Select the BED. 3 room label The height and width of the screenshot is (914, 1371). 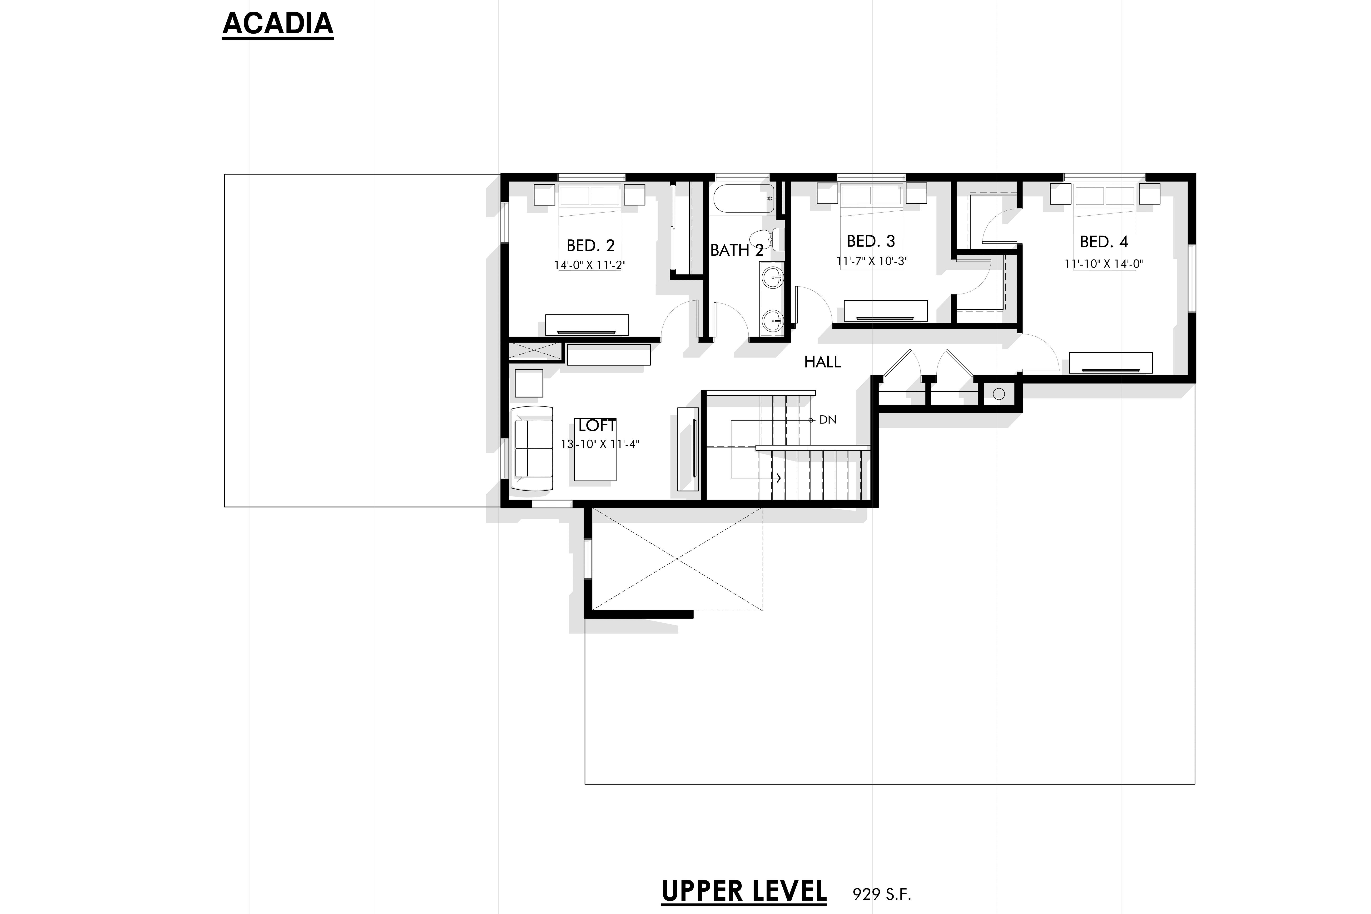[x=870, y=241]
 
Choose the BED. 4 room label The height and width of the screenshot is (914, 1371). [x=1103, y=241]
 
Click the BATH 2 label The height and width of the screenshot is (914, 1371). [x=736, y=250]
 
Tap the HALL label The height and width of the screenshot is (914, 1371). [x=822, y=362]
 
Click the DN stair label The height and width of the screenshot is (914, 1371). [x=828, y=420]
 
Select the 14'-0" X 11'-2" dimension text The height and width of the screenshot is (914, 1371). [x=590, y=265]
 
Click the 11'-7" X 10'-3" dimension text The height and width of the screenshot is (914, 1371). [x=871, y=261]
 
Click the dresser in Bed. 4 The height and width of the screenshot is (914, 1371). [x=1110, y=363]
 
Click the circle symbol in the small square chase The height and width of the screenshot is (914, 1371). [x=998, y=394]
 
